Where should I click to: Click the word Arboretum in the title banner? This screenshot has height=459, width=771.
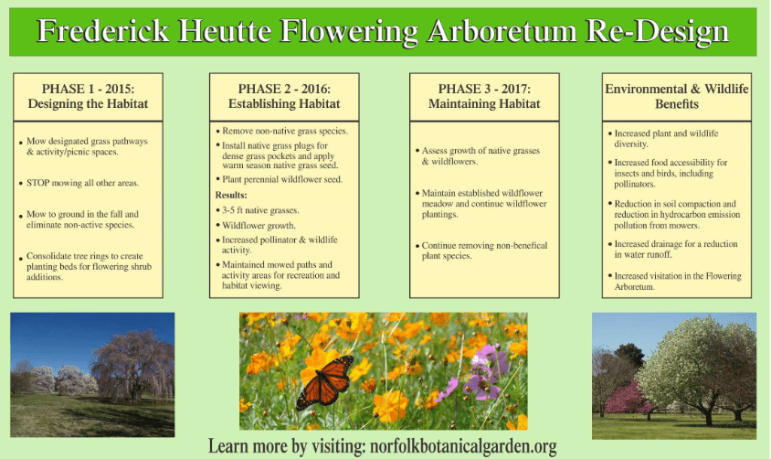502,30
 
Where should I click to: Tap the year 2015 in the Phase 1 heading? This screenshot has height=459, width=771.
120,89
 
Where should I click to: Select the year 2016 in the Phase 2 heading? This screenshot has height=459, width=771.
316,89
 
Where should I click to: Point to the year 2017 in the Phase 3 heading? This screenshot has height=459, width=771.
516,89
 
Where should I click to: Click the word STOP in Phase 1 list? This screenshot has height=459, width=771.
37,183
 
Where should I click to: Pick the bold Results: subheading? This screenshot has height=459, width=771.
231,196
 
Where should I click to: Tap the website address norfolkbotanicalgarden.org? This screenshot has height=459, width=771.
463,446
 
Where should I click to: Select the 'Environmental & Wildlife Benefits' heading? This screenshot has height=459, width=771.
677,96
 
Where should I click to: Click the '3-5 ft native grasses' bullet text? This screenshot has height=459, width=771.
260,210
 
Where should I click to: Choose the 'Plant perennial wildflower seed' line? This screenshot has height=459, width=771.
282,179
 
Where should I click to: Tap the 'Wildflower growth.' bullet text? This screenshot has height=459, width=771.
259,226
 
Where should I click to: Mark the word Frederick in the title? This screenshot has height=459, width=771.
103,30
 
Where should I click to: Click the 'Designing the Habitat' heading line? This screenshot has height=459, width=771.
88,104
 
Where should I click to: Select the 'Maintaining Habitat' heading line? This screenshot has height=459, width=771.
484,104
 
